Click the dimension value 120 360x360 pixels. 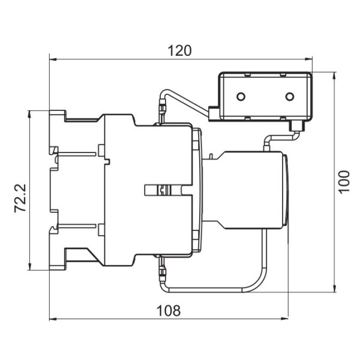[180, 50]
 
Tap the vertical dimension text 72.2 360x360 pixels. [20, 199]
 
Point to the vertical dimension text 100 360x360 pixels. [343, 181]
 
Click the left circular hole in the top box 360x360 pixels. [241, 97]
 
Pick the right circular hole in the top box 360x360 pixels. [289, 97]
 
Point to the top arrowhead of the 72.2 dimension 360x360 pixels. [28, 114]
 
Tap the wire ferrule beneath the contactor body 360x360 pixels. [161, 269]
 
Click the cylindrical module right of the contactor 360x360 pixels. [252, 190]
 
